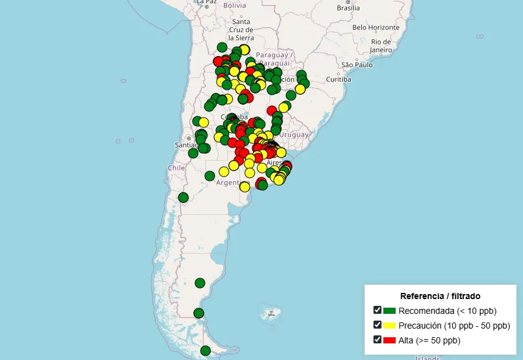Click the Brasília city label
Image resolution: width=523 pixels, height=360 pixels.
(x=348, y=8)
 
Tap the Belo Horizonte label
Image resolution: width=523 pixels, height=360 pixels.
(x=376, y=27)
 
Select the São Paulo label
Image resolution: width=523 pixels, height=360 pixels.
(x=357, y=65)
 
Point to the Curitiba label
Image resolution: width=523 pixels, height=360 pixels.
(x=338, y=79)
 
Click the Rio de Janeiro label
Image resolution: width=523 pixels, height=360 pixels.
(x=381, y=46)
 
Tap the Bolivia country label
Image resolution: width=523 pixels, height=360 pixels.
(x=234, y=6)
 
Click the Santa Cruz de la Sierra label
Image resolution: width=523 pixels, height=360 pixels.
(x=241, y=30)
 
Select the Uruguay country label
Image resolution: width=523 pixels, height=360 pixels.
(x=294, y=135)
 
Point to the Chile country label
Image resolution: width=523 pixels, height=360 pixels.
(x=176, y=167)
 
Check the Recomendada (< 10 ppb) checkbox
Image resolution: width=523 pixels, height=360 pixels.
(x=377, y=310)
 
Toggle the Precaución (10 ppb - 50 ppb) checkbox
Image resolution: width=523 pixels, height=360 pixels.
(x=377, y=325)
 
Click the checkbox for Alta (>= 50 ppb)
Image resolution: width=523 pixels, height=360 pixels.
(x=377, y=340)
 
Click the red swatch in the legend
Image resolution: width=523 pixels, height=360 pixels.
(x=389, y=340)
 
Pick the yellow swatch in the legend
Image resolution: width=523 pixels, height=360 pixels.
(x=389, y=326)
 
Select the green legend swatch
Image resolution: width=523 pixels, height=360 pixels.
(x=389, y=311)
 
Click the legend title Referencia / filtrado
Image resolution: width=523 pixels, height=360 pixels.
(x=440, y=296)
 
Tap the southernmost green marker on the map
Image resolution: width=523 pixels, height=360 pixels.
(x=206, y=351)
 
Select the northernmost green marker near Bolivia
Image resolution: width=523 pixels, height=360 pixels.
(x=222, y=47)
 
